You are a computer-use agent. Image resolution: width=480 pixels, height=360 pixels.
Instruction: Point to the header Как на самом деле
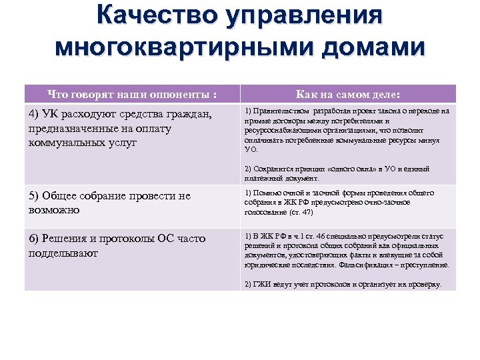pyautogui.click(x=348, y=94)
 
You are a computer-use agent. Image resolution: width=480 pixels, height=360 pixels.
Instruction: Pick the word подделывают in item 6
pyautogui.click(x=63, y=253)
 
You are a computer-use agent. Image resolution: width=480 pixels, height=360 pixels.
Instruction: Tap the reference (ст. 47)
pyautogui.click(x=301, y=212)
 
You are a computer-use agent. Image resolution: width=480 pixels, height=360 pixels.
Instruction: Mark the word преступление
pyautogui.click(x=425, y=265)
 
